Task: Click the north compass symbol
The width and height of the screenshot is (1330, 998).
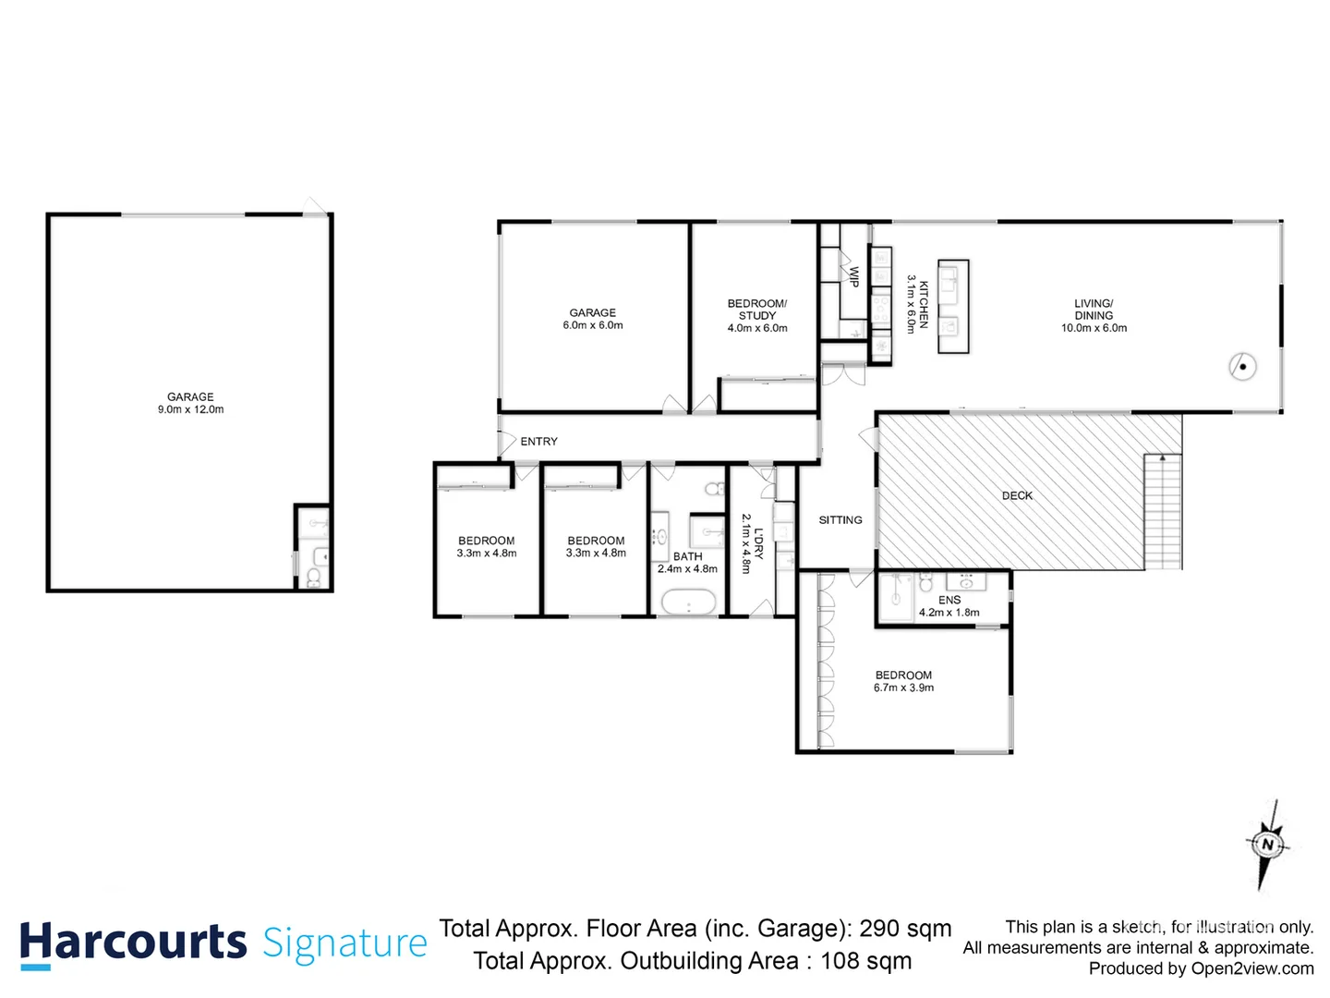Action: coord(1267,845)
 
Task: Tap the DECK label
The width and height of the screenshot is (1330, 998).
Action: coord(1017,496)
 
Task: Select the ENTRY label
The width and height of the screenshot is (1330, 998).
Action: coord(538,442)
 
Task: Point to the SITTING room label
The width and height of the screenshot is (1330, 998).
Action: coord(840,520)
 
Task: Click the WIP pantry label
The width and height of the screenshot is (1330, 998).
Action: coord(854,277)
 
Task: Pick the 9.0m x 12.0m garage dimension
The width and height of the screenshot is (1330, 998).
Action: coord(190,409)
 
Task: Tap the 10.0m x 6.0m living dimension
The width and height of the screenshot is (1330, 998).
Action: coord(1094,328)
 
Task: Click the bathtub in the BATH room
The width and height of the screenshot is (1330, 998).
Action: coord(688,604)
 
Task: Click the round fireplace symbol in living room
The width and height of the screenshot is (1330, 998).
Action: coord(1242,367)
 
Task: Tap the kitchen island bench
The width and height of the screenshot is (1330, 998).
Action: coord(953,306)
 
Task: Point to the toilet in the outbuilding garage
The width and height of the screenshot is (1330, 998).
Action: coord(313,578)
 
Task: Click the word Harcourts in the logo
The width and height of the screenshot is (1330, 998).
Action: coord(133,943)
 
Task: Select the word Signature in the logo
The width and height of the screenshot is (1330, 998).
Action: coord(345,943)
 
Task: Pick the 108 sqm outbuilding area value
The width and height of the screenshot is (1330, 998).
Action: coord(865,961)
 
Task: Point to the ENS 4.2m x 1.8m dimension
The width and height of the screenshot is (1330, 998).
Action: coord(949,613)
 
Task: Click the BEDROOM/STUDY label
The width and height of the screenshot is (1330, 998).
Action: coord(757,310)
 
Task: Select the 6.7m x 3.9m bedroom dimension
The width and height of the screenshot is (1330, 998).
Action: coord(903,688)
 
